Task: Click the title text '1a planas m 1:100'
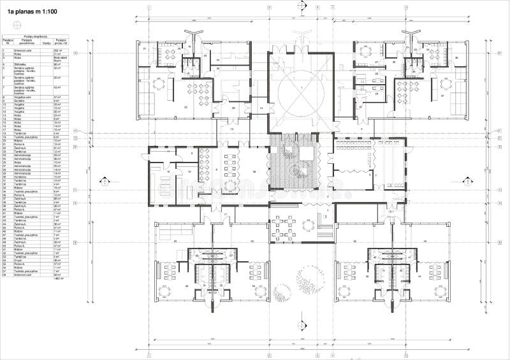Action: tap(31, 13)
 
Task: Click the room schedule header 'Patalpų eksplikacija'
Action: tap(35, 37)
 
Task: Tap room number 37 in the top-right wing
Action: tap(441, 96)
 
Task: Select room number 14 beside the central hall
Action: tap(261, 109)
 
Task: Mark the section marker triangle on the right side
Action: tap(487, 180)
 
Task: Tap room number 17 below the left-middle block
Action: tap(225, 215)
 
